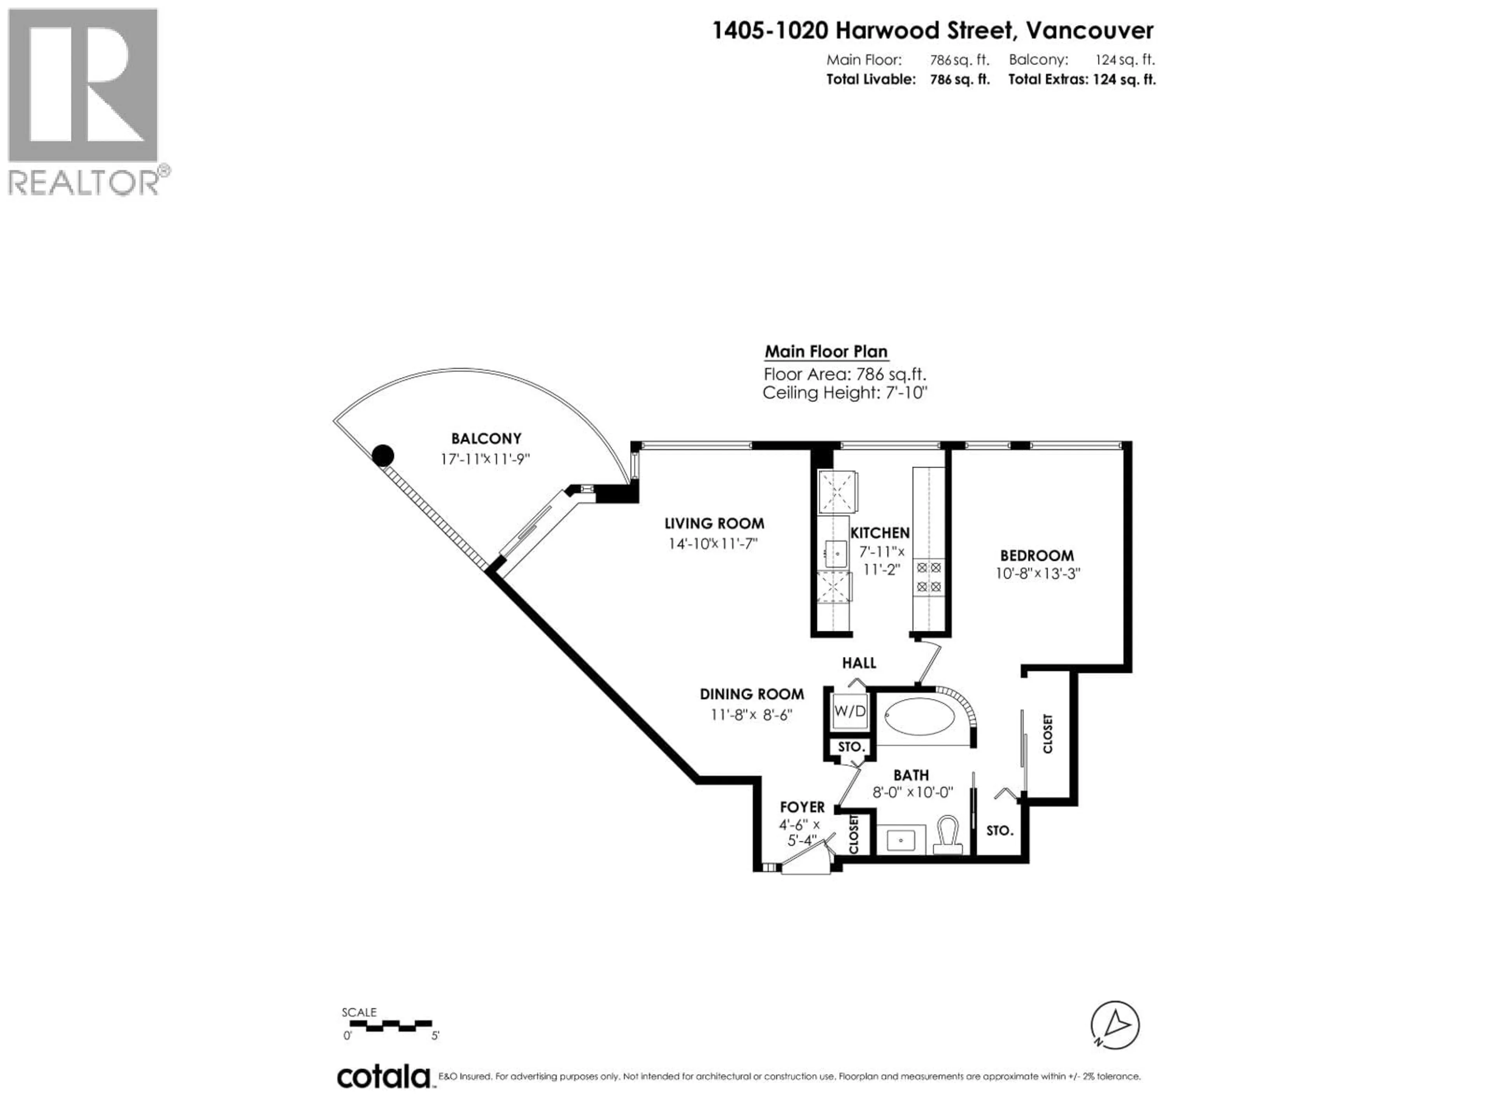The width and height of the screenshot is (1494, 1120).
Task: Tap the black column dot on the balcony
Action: [383, 456]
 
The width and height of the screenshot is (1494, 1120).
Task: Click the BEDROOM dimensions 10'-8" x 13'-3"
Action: [1037, 574]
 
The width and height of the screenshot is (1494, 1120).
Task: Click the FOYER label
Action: [802, 807]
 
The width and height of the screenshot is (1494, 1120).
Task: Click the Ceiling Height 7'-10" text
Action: [844, 393]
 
